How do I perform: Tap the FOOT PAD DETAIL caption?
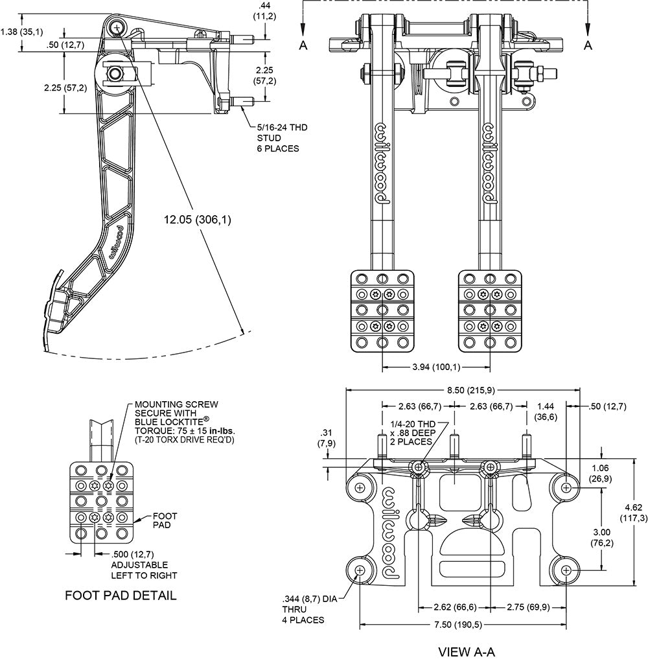[x=121, y=596]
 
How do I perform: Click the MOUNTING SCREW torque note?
[x=184, y=421]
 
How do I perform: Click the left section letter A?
[x=303, y=45]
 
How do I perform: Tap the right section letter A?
[x=588, y=45]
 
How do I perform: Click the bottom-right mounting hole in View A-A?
[x=567, y=570]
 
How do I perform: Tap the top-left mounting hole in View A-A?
[x=360, y=486]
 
